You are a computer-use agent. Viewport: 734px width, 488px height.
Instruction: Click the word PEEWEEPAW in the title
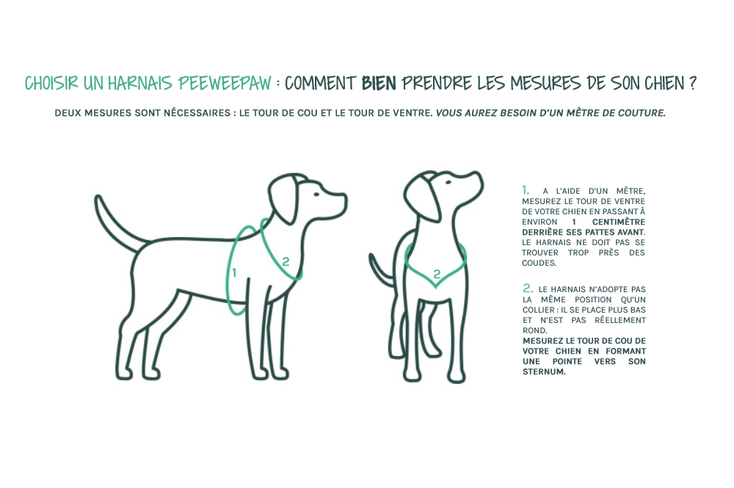[x=225, y=83]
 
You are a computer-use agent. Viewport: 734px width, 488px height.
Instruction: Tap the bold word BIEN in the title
[x=379, y=83]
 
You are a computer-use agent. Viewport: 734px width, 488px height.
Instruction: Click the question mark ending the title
[x=692, y=83]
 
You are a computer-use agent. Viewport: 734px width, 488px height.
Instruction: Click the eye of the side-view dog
[x=317, y=194]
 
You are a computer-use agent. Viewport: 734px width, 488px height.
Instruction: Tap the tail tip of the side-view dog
[x=98, y=199]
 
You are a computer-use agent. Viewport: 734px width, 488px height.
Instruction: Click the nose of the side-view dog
[x=344, y=199]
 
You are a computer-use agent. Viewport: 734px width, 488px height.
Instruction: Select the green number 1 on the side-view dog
[x=234, y=272]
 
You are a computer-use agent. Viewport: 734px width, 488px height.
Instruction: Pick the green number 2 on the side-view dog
[x=286, y=262]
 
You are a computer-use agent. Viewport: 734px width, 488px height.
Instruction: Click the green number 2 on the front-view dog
[x=437, y=274]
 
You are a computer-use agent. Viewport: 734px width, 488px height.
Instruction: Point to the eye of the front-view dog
[x=448, y=182]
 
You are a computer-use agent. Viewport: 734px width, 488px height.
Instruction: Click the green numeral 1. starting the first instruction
[x=526, y=190]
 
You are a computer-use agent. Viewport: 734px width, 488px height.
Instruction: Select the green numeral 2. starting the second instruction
[x=528, y=288]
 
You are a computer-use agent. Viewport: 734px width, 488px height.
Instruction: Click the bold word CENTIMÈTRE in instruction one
[x=618, y=222]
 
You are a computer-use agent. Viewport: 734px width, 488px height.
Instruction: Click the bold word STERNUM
[x=544, y=371]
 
